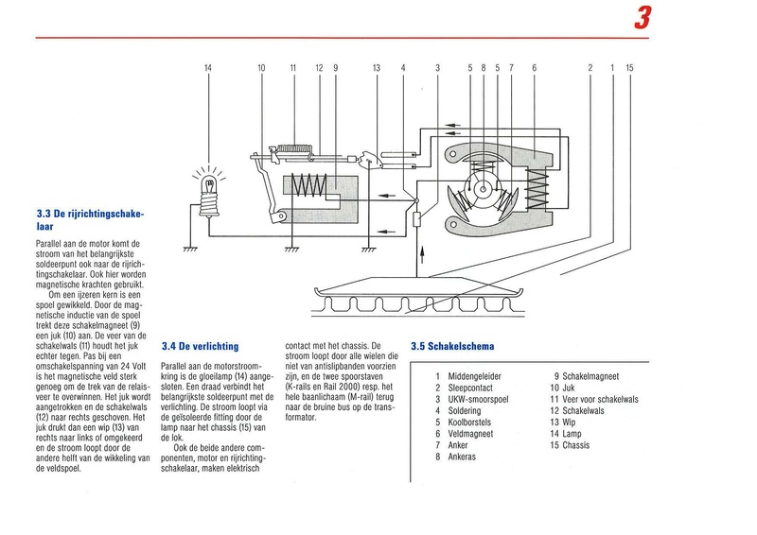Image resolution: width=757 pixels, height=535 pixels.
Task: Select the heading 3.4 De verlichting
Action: click(200, 346)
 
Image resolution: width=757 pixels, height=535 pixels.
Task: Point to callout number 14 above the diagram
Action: click(209, 68)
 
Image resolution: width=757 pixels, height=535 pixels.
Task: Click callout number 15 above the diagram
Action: click(630, 68)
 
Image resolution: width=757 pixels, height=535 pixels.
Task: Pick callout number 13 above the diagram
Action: click(376, 68)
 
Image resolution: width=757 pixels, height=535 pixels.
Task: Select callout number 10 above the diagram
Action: click(261, 68)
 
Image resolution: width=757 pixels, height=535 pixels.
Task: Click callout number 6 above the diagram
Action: click(535, 68)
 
